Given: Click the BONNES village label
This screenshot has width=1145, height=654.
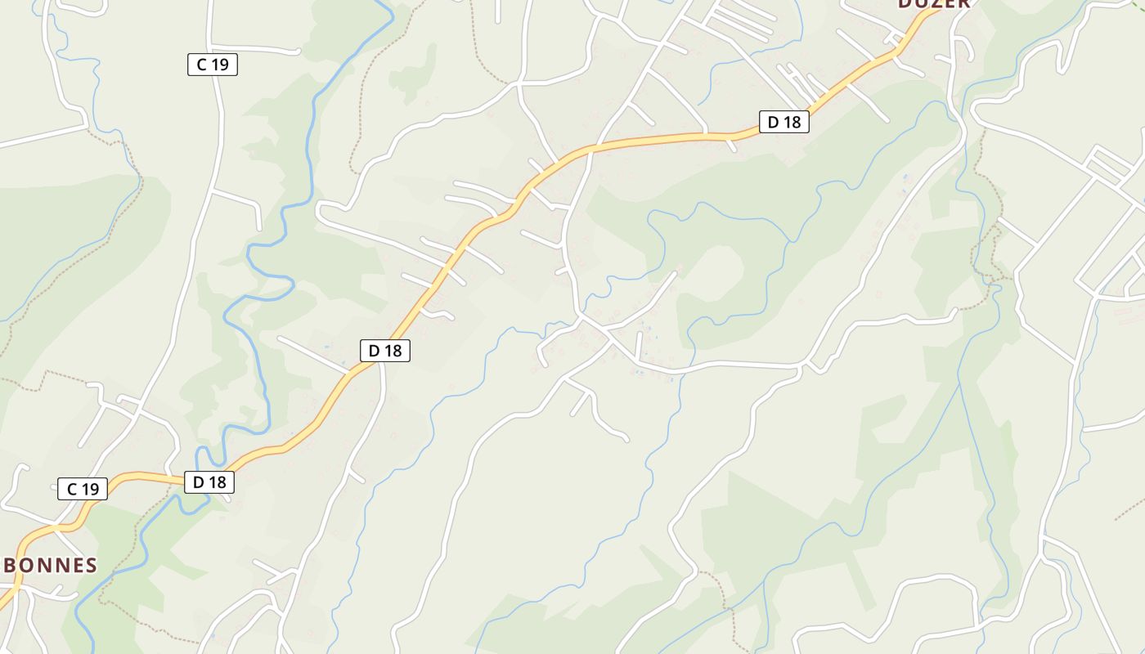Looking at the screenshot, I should click(x=51, y=565).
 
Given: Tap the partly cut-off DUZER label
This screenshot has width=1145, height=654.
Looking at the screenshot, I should click(x=934, y=3).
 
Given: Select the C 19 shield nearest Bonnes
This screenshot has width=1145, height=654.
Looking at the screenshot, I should click(x=83, y=489).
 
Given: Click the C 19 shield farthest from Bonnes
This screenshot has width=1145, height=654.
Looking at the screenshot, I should click(x=213, y=65).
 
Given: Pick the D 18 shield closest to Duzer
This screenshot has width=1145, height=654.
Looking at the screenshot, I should click(x=784, y=122).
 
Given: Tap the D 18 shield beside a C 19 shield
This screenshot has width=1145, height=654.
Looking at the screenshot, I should click(x=209, y=482).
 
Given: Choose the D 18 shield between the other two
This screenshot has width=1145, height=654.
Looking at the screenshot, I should click(x=384, y=351).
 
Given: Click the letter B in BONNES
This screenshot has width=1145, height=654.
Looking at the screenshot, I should click(x=11, y=565).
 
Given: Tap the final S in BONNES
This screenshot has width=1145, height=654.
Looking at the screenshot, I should click(x=92, y=565).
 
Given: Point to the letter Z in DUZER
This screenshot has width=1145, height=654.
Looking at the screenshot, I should click(x=934, y=3).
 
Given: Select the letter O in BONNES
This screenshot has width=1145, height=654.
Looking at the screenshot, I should click(x=27, y=565).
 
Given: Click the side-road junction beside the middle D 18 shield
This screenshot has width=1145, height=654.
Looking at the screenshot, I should click(x=381, y=365).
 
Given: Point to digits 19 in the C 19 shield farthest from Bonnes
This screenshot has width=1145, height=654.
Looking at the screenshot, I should click(x=219, y=65).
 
